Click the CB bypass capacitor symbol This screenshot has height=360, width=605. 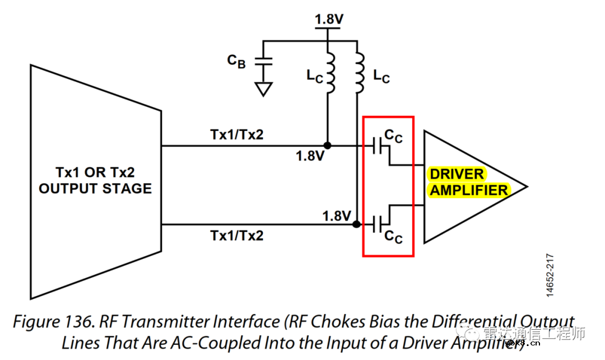263,60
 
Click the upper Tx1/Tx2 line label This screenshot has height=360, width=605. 237,134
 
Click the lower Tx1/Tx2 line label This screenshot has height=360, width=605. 237,236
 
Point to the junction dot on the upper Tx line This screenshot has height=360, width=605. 328,146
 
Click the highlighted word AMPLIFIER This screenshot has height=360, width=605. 469,190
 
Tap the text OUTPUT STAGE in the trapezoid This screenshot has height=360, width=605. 95,189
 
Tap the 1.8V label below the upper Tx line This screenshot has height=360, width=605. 310,156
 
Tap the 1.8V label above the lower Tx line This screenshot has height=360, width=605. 337,216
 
